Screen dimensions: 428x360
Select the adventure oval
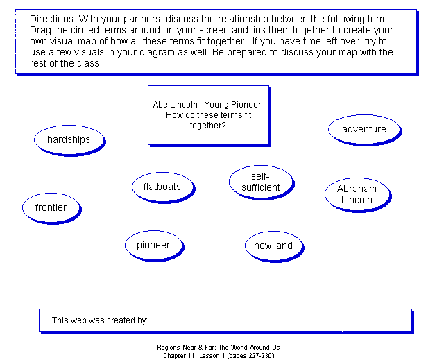click(365, 130)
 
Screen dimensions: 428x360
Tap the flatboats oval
click(164, 188)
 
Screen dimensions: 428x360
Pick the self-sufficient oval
click(262, 182)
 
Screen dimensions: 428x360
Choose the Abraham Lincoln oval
click(358, 195)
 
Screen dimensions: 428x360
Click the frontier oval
click(52, 209)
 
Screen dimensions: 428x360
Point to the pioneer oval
click(155, 246)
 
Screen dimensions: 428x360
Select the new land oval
click(275, 247)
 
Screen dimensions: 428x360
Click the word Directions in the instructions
click(52, 19)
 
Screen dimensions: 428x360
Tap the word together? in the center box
click(208, 126)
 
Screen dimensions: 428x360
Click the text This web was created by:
click(100, 320)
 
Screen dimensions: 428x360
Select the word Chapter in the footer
click(173, 356)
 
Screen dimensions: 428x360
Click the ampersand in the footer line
click(200, 348)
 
